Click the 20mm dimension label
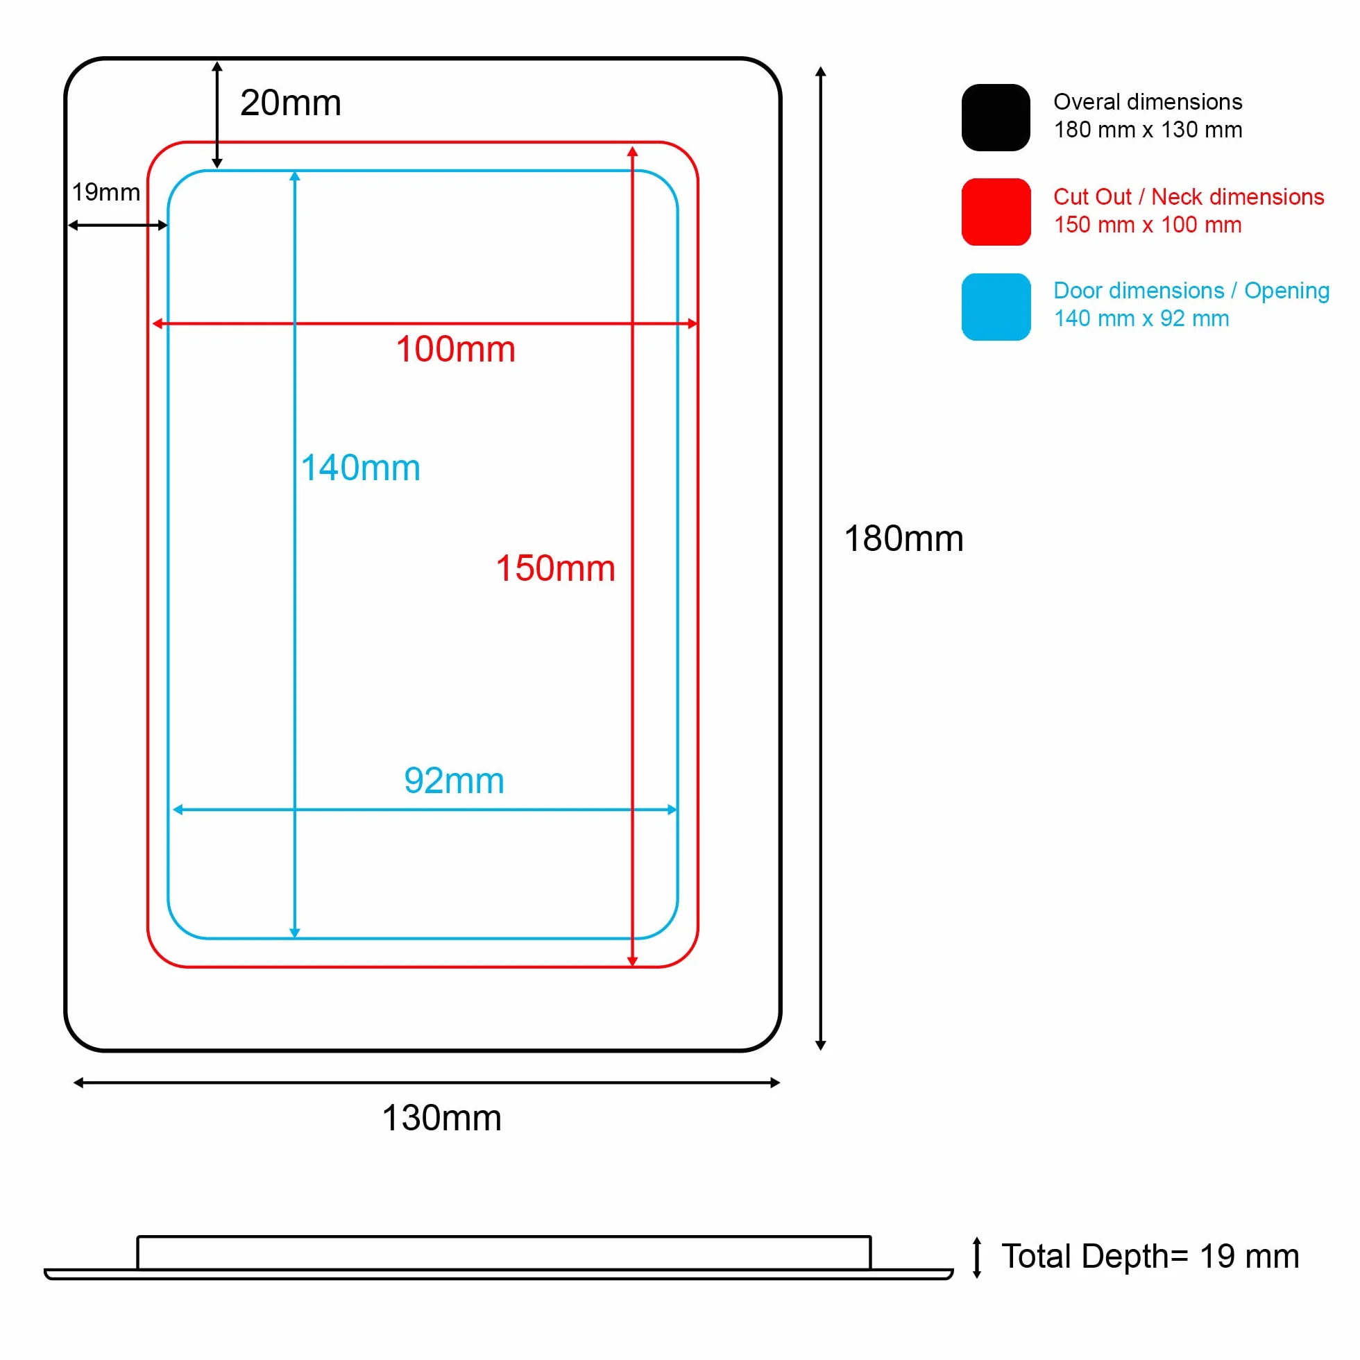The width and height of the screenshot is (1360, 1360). click(291, 103)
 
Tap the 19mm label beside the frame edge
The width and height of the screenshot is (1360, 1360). click(106, 192)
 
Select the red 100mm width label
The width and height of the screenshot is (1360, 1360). click(455, 349)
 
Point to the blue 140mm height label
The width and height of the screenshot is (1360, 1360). click(360, 468)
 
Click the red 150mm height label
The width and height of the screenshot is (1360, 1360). click(555, 568)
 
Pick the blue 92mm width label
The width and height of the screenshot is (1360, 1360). click(454, 781)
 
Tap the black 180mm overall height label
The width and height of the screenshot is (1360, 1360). click(904, 538)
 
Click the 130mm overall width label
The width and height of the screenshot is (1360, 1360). click(441, 1118)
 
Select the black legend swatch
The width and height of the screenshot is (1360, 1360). click(996, 117)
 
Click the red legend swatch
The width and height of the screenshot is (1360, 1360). click(996, 212)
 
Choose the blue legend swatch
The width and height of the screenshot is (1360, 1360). click(996, 307)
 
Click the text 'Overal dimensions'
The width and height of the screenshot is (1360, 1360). click(1148, 102)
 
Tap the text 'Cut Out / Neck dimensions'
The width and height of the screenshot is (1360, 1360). click(1189, 196)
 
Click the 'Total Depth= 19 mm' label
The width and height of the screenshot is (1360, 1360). click(1151, 1256)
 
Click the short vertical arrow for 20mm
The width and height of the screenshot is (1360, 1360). click(217, 114)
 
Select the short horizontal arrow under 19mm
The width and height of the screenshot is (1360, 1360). click(118, 226)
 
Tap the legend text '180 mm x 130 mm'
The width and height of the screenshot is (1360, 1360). click(1148, 130)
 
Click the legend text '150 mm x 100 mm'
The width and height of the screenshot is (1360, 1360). click(1148, 226)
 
